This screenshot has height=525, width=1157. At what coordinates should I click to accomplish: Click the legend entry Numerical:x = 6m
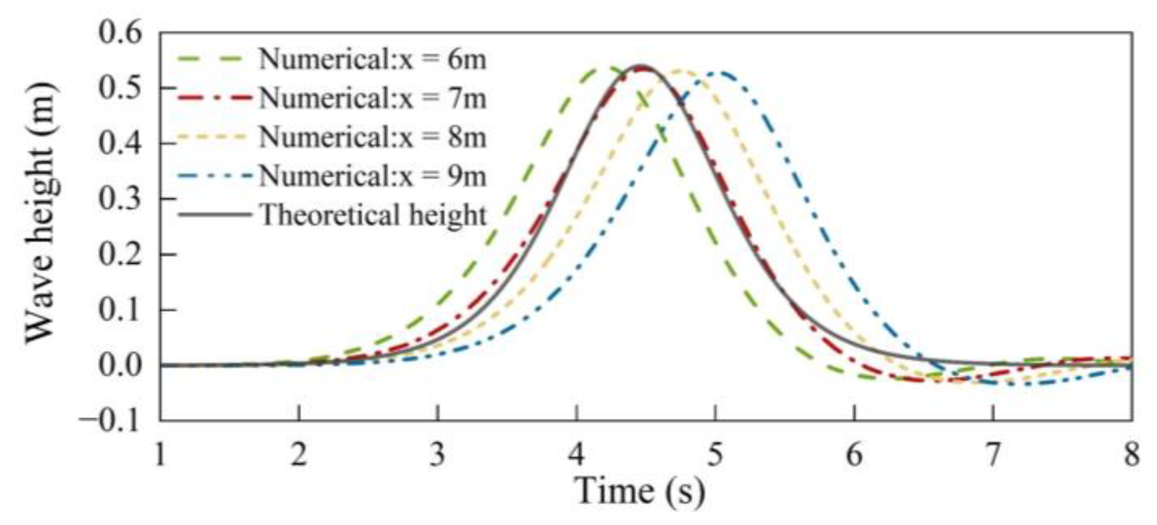point(372,59)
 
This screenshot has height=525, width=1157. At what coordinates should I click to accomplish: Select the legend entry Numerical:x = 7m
point(372,99)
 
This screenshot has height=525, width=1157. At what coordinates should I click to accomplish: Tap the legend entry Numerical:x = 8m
point(372,137)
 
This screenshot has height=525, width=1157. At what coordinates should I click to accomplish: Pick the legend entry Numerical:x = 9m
point(372,176)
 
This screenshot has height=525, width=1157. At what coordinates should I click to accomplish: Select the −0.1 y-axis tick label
point(111,420)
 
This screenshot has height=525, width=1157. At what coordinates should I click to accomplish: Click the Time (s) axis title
point(640,491)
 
